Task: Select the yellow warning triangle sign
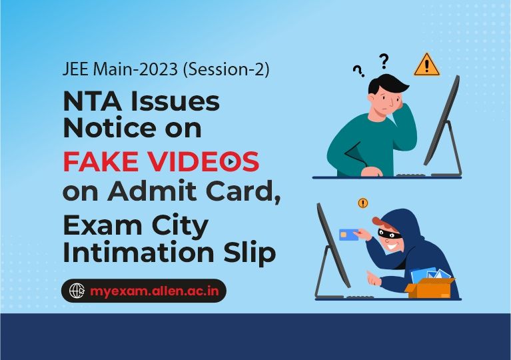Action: point(426,65)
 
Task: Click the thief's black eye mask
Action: point(390,233)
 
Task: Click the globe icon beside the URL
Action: point(79,291)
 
